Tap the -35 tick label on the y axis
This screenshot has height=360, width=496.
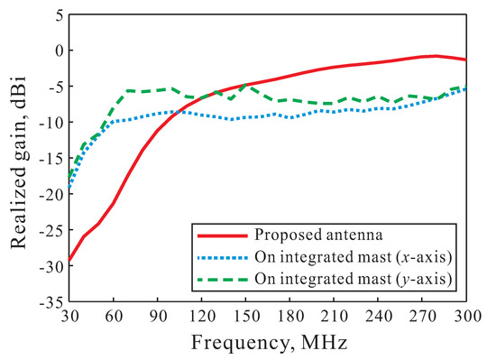coord(49,302)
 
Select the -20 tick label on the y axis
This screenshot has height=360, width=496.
coord(49,194)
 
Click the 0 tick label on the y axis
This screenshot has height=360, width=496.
coord(56,51)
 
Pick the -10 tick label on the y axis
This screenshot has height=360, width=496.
coord(49,122)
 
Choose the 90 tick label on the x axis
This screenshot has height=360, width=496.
coord(158,318)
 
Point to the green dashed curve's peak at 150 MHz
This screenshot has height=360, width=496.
coord(244,86)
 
